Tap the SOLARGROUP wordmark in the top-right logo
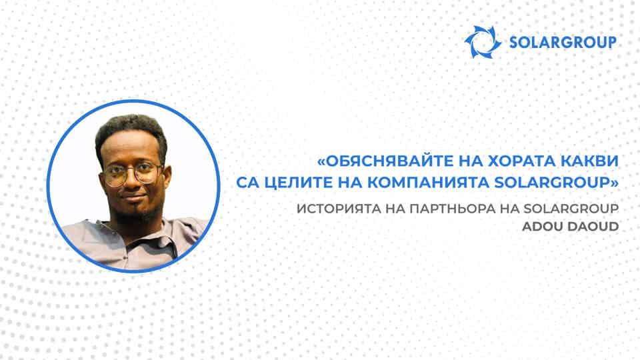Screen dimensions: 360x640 (561, 42)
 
